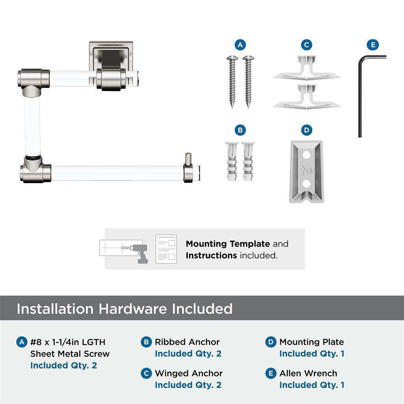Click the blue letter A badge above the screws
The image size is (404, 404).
pyautogui.click(x=240, y=45)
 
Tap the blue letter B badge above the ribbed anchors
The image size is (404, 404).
pyautogui.click(x=240, y=130)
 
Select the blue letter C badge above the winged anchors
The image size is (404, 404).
pyautogui.click(x=306, y=45)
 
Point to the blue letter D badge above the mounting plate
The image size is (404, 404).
pyautogui.click(x=306, y=130)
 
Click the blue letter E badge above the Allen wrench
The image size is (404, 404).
pyautogui.click(x=372, y=45)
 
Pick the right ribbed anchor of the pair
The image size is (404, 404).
pyautogui.click(x=249, y=161)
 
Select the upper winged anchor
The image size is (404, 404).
pyautogui.click(x=306, y=69)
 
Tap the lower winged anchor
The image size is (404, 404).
pyautogui.click(x=306, y=97)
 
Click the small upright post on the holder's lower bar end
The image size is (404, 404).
pyautogui.click(x=188, y=160)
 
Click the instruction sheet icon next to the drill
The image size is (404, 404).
pyautogui.click(x=166, y=249)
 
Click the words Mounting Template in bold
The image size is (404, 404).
pyautogui.click(x=228, y=244)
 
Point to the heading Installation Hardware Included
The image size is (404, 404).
pyautogui.click(x=124, y=309)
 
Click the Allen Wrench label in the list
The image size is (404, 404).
pyautogui.click(x=308, y=373)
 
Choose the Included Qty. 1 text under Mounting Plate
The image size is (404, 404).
pyautogui.click(x=312, y=353)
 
